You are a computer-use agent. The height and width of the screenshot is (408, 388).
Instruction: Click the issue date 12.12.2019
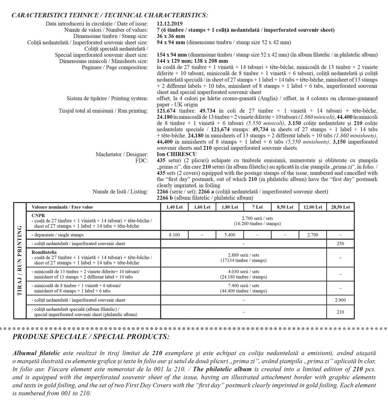tap(170, 24)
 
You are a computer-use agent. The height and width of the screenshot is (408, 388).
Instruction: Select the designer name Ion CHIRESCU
tap(177, 154)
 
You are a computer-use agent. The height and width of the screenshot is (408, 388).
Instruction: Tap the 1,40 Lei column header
tap(174, 207)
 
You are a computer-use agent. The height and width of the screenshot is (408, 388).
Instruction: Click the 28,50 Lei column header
tap(340, 207)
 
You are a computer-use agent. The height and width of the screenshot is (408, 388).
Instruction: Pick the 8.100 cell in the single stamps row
tap(174, 235)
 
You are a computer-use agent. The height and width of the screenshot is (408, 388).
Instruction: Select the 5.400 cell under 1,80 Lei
tap(230, 235)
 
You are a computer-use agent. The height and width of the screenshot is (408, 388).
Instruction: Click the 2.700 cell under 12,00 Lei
tap(312, 235)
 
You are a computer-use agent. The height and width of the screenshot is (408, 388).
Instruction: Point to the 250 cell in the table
tap(340, 244)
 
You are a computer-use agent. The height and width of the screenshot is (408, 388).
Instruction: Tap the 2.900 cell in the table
tap(340, 300)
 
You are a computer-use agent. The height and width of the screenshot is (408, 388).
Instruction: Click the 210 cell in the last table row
tap(340, 312)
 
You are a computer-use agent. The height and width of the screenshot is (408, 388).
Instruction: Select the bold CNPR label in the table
tap(38, 215)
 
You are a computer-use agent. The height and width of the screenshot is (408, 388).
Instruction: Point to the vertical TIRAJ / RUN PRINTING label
tap(19, 260)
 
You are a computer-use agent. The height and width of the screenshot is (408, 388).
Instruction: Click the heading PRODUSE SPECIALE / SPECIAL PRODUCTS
tap(91, 337)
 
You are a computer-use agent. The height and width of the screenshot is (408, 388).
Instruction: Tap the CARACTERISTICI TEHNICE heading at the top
tap(109, 15)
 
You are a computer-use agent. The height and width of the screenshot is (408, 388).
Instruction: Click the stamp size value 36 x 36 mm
tap(171, 36)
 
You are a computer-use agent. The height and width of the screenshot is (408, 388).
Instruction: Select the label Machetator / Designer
tap(122, 154)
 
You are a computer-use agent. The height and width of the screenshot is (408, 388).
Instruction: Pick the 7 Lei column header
tap(257, 207)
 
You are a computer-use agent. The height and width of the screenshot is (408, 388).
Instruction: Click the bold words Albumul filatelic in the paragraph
tap(36, 353)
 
